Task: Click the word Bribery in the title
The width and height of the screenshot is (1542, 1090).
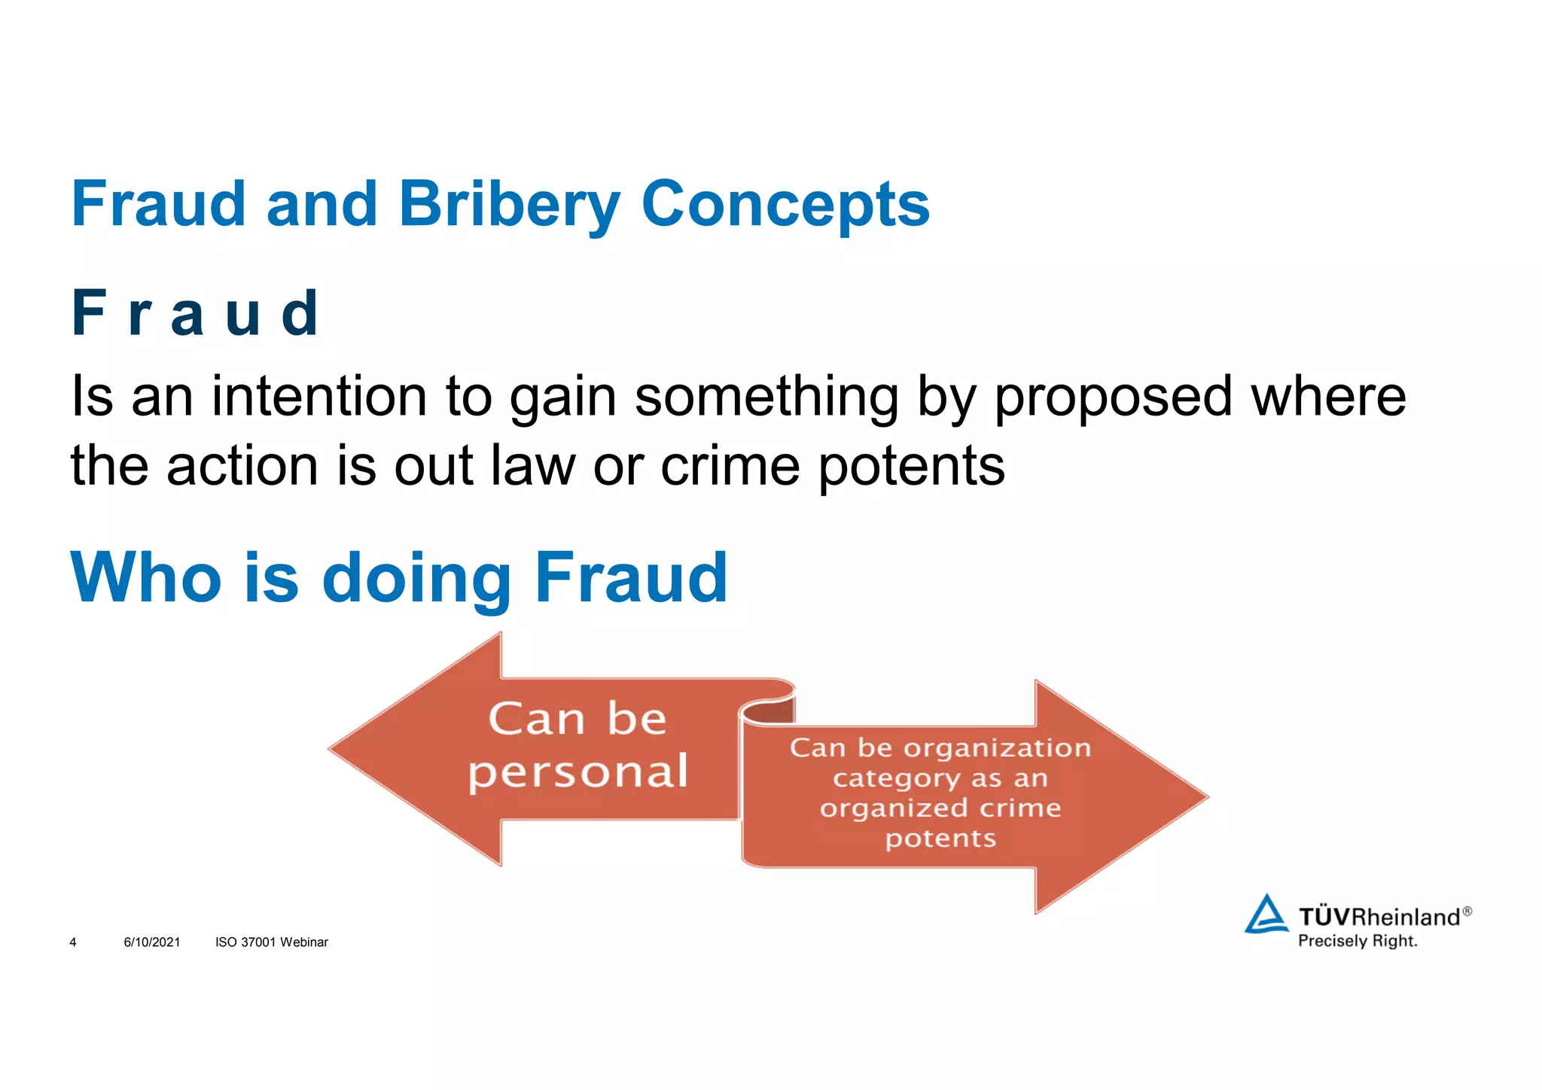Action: pyautogui.click(x=509, y=204)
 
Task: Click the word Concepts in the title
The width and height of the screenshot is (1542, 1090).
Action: pyautogui.click(x=785, y=204)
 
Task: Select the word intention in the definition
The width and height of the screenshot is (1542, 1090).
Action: pyautogui.click(x=319, y=396)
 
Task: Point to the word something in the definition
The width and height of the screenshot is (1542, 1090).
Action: pyautogui.click(x=766, y=396)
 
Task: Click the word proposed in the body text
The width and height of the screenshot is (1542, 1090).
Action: pyautogui.click(x=1113, y=396)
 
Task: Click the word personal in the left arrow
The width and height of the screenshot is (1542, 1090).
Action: pyautogui.click(x=577, y=772)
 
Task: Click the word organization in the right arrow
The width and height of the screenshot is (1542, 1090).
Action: pyautogui.click(x=997, y=747)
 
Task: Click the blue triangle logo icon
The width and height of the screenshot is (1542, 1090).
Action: pyautogui.click(x=1266, y=915)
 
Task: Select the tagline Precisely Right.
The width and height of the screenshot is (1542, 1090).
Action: pyautogui.click(x=1357, y=941)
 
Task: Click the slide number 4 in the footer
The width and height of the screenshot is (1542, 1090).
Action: pyautogui.click(x=73, y=942)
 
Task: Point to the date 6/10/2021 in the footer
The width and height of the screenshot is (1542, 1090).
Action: pyautogui.click(x=152, y=942)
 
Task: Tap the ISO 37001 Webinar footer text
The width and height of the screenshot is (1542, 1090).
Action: pyautogui.click(x=272, y=942)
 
